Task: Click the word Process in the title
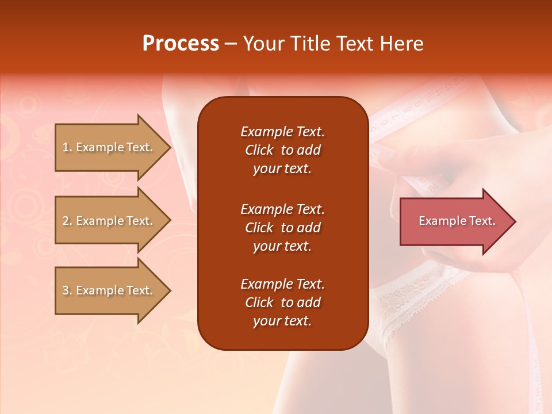pos(181,44)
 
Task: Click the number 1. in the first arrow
pos(67,147)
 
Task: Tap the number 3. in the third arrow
pos(67,290)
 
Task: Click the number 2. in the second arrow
pos(67,221)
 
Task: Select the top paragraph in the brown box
pos(282,150)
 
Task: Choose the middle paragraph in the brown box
pos(282,228)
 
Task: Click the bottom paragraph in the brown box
pos(282,302)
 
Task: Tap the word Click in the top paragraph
pos(259,150)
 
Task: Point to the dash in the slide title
pos(231,44)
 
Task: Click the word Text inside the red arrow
pos(482,221)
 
